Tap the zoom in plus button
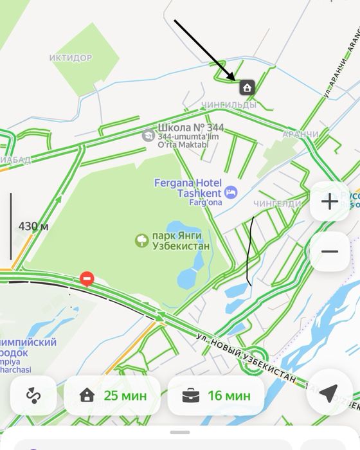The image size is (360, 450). [x=330, y=201]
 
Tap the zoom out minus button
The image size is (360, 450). [x=330, y=251]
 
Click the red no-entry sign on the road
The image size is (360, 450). [x=87, y=278]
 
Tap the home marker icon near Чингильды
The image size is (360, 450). [x=247, y=87]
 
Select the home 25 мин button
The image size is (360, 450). [x=113, y=395]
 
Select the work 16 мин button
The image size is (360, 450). [x=216, y=395]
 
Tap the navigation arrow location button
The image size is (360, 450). [x=329, y=393]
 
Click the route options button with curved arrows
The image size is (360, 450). [x=33, y=395]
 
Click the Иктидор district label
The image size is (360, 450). [x=71, y=58]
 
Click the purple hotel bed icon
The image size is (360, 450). [x=231, y=192]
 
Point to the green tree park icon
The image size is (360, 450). [x=141, y=240]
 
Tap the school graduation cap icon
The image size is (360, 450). [x=148, y=135]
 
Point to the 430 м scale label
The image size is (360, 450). [x=33, y=226]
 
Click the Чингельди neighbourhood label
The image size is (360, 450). [x=276, y=204]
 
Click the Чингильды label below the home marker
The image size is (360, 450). [x=228, y=104]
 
